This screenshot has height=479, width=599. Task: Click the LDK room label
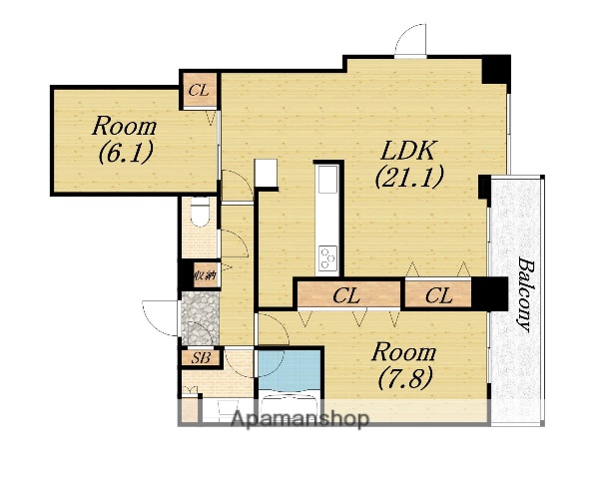pos(409,164)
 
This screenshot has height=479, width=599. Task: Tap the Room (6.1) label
pos(125,139)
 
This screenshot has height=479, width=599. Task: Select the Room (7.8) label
pos(404,365)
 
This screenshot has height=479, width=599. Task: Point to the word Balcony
pos(524,295)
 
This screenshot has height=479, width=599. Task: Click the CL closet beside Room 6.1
pos(199,91)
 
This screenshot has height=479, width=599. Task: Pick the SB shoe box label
pos(201,358)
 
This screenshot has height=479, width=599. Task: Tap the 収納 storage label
pos(206,274)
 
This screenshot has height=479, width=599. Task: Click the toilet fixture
pos(200,213)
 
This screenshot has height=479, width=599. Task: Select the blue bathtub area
pos(290,370)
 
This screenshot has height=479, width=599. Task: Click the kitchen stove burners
pos(327,258)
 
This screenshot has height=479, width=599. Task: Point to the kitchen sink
pos(327,179)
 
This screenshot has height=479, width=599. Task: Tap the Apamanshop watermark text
pos(300,419)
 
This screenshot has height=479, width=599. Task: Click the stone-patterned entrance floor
pos(201,318)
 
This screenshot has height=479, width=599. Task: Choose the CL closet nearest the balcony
pos(438,294)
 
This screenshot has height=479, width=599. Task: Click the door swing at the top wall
pos(410,40)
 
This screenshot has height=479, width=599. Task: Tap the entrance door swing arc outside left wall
pos(160,318)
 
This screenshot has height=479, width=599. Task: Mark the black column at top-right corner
pos(496,69)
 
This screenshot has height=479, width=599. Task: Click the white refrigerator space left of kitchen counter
pos(266,173)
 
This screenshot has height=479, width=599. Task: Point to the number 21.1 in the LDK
pos(409,177)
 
